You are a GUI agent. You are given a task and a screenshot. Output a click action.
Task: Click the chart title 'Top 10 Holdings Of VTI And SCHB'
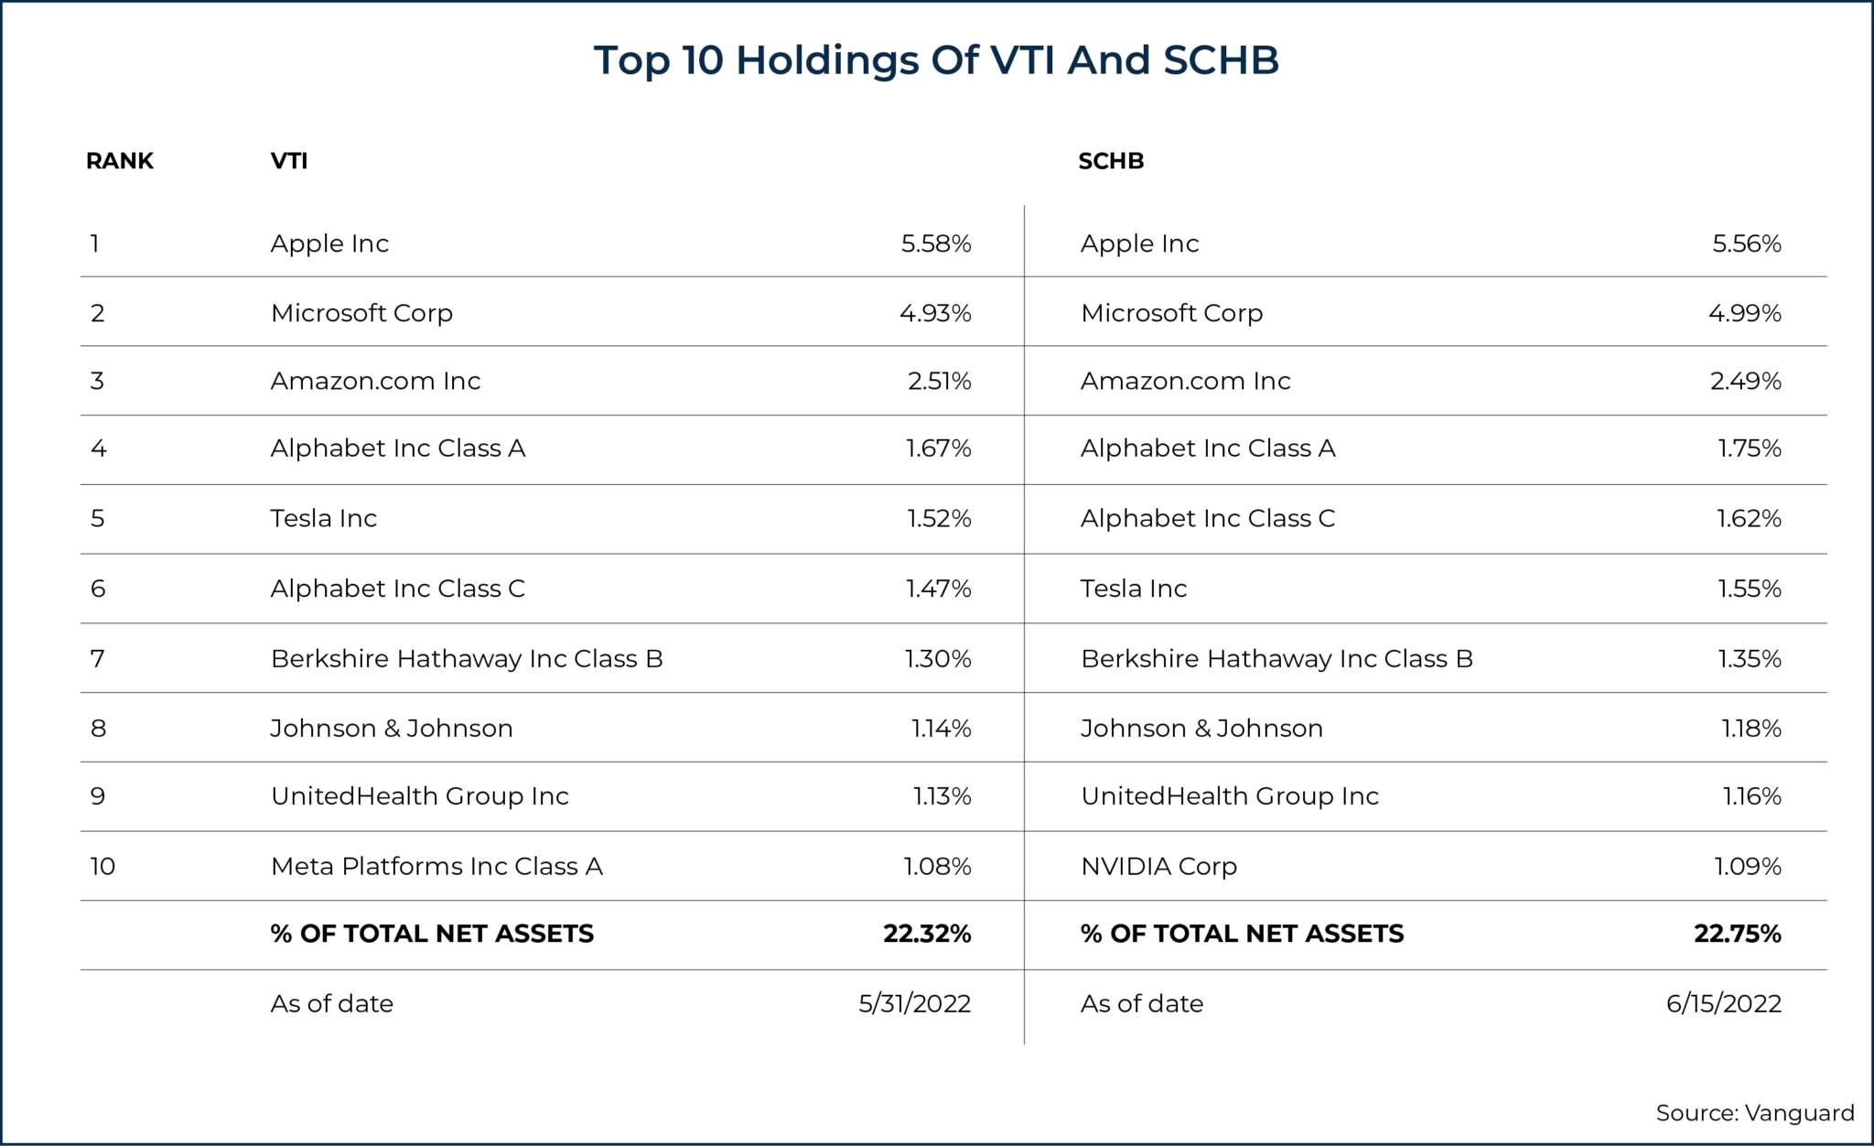[936, 60]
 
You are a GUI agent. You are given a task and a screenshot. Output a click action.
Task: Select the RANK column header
[120, 161]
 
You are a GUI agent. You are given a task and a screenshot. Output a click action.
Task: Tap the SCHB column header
[1111, 161]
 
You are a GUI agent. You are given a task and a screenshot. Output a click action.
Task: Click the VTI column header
[289, 161]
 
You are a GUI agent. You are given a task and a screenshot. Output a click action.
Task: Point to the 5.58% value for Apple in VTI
[935, 243]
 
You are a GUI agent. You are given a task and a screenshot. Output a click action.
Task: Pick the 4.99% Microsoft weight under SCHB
[1744, 313]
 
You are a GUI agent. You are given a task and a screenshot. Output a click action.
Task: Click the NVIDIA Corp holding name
[1158, 866]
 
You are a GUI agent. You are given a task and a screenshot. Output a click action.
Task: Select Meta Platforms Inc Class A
[436, 866]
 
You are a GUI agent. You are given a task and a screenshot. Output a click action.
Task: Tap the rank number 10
[102, 866]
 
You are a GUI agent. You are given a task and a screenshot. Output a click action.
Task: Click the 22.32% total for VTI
[926, 934]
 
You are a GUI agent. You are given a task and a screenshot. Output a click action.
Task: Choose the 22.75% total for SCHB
[1737, 934]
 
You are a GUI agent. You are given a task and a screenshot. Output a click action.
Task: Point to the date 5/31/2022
[914, 1004]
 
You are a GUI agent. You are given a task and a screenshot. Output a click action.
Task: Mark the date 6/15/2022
[1723, 1004]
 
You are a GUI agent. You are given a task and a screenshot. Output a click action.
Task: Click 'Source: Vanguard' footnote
[1754, 1113]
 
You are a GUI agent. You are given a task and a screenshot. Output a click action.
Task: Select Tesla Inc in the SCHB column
[1133, 589]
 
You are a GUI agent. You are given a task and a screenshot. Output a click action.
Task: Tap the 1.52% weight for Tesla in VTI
[939, 519]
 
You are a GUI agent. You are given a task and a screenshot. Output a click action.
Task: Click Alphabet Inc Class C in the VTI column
[397, 589]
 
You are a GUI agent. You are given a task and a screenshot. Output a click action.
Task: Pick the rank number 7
[98, 659]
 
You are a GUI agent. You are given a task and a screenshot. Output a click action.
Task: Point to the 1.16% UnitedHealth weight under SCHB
[1751, 796]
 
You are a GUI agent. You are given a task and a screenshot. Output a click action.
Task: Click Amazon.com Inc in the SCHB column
[1185, 381]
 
